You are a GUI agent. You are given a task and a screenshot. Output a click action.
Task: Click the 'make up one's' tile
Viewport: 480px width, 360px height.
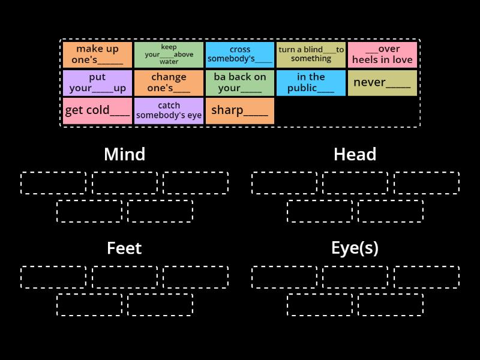tap(98, 55)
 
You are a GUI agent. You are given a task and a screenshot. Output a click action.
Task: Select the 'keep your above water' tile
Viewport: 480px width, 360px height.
tap(169, 55)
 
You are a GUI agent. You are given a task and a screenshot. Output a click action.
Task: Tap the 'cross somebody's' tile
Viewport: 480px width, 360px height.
tap(240, 55)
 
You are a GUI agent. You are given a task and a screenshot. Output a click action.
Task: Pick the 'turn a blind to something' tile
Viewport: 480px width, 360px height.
tap(311, 55)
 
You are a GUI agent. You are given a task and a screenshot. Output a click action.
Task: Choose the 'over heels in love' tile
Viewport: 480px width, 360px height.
tap(382, 55)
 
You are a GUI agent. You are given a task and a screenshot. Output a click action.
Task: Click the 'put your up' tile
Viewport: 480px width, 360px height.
tap(98, 83)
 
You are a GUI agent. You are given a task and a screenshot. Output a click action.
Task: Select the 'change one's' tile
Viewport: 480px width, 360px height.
tap(169, 83)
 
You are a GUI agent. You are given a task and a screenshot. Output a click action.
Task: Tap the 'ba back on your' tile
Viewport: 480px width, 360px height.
tap(240, 83)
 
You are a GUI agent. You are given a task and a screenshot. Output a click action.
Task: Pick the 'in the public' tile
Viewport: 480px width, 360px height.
tap(311, 83)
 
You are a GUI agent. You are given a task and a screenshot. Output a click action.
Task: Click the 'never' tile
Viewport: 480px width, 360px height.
tap(382, 83)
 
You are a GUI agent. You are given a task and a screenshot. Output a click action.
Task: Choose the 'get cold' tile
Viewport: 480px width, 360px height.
tap(98, 111)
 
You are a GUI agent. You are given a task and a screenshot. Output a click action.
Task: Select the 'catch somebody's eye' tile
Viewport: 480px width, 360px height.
tap(169, 111)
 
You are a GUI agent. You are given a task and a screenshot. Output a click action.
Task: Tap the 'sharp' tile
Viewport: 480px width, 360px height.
tap(240, 111)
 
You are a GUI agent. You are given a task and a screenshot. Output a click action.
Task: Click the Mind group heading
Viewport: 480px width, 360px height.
tap(124, 154)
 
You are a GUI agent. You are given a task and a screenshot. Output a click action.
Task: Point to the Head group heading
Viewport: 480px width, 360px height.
tap(355, 154)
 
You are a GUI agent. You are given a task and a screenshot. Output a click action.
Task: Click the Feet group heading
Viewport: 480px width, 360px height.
tap(124, 248)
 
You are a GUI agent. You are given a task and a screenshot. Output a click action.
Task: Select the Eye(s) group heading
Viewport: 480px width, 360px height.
tap(355, 248)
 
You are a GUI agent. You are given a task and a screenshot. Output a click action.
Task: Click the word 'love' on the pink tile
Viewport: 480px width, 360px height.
tap(401, 60)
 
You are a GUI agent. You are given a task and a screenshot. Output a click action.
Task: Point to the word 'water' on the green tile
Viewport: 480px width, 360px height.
tap(169, 62)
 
